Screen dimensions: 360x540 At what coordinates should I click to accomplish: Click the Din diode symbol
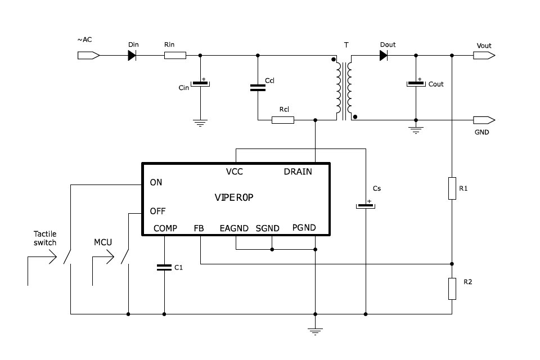[x=132, y=56]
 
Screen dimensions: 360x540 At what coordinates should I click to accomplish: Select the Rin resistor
[x=175, y=56]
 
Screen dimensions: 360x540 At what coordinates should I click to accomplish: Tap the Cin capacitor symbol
[x=200, y=84]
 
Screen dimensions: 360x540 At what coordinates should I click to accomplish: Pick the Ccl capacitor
[x=258, y=87]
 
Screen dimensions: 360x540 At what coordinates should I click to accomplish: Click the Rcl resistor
[x=282, y=120]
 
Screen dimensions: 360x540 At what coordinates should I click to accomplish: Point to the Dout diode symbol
[x=384, y=56]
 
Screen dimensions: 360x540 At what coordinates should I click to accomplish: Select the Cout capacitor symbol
[x=416, y=84]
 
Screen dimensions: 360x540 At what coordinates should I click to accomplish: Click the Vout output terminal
[x=484, y=56]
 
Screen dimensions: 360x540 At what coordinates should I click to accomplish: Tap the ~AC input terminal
[x=88, y=56]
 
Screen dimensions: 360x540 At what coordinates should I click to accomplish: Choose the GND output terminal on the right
[x=484, y=120]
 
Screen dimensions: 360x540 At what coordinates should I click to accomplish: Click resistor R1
[x=452, y=188]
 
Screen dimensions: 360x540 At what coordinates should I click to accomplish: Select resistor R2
[x=452, y=288]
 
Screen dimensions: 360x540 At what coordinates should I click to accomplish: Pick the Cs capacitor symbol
[x=366, y=206]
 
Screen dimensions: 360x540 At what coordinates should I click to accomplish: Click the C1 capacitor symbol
[x=164, y=268]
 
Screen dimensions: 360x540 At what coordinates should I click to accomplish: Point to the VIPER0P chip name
[x=235, y=197]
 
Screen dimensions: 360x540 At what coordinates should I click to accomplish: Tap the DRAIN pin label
[x=298, y=172]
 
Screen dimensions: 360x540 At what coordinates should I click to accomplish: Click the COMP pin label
[x=165, y=228]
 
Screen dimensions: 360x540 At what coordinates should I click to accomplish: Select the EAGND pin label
[x=234, y=228]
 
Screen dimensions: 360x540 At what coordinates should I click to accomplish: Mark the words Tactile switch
[x=45, y=238]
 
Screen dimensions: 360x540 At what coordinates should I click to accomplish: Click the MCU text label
[x=103, y=242]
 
